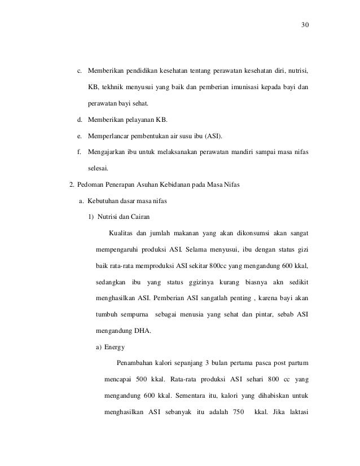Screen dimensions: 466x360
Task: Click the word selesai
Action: tap(99, 168)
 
